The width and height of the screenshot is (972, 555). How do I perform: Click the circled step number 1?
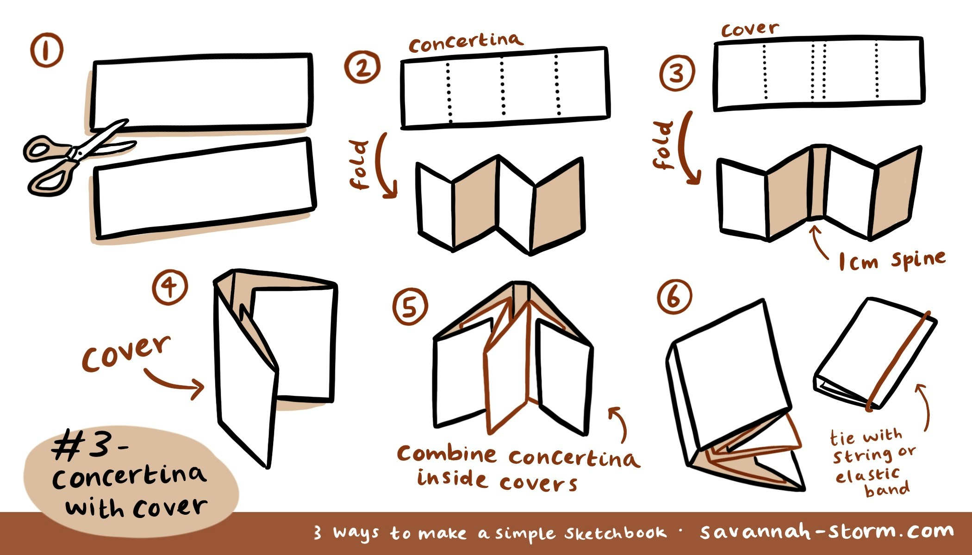(46, 51)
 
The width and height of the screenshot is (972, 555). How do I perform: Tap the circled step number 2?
(362, 67)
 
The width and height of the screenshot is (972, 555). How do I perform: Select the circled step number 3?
(677, 73)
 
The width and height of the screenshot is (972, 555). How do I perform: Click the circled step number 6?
(674, 297)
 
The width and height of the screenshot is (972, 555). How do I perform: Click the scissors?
(69, 155)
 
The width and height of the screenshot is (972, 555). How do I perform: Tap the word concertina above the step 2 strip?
(465, 43)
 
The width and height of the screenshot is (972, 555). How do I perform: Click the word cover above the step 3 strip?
(750, 30)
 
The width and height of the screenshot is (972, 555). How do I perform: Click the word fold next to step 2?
(360, 165)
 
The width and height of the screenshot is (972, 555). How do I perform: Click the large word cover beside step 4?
(126, 353)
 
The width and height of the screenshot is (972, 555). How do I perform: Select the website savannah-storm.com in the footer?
(826, 532)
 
